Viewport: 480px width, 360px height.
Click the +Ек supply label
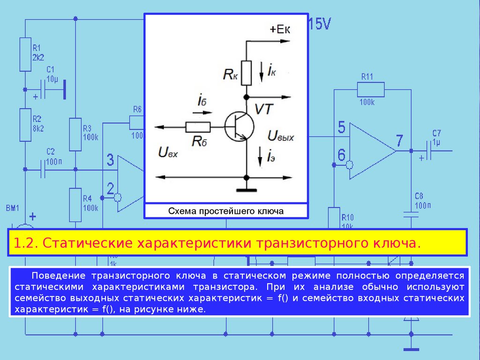280,30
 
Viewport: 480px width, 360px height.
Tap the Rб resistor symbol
198,127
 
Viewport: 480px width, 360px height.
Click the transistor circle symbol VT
239,126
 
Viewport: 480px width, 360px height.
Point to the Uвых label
281,136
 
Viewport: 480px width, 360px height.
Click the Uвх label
168,152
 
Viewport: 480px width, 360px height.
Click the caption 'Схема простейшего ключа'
226,211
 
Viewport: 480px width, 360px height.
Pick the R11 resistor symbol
370,89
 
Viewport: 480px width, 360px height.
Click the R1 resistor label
37,48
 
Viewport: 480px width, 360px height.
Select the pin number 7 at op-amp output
399,140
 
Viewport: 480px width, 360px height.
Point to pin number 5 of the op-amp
341,127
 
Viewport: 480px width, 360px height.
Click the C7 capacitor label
437,133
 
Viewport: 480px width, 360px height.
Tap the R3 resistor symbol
75,135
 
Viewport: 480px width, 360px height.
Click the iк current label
271,70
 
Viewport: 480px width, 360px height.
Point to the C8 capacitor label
419,195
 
